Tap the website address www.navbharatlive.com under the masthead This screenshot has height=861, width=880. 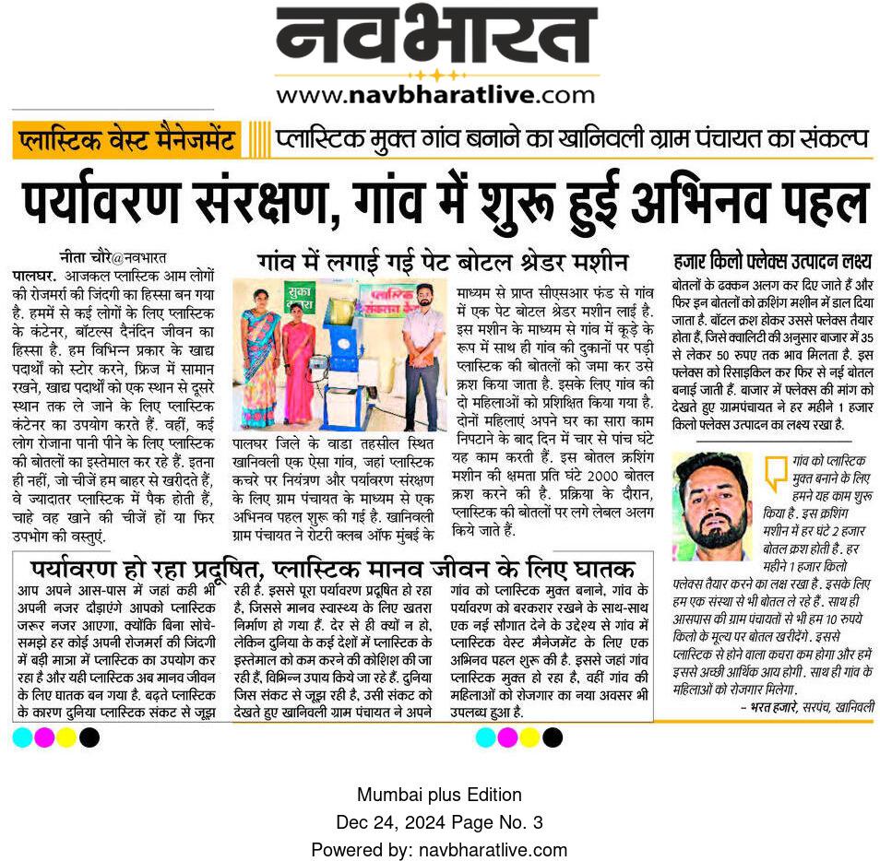[435, 94]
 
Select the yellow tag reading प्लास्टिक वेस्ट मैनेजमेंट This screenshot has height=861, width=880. [126, 141]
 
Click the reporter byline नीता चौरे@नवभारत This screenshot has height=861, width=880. [112, 257]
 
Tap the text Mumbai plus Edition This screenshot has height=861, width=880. [439, 795]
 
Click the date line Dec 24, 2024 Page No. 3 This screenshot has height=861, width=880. [439, 821]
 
